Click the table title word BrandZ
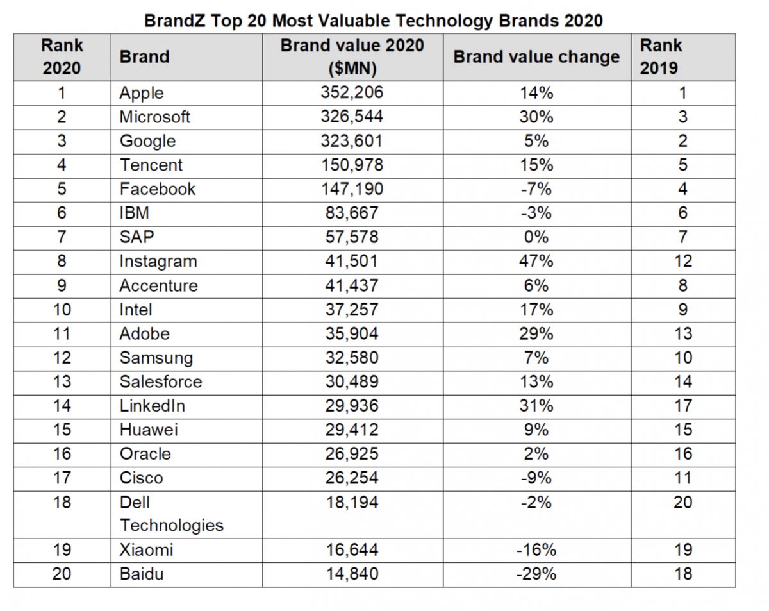(x=170, y=21)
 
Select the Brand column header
(x=144, y=56)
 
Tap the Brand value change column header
(x=536, y=56)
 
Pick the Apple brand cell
(x=142, y=93)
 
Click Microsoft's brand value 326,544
(x=352, y=117)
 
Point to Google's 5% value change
(x=536, y=141)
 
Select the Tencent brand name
(x=151, y=165)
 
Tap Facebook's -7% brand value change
(x=536, y=189)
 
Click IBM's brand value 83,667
(x=352, y=213)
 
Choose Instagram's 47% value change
(x=536, y=262)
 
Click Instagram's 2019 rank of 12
(x=683, y=262)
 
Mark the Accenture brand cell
(x=158, y=285)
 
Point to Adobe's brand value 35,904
(x=352, y=333)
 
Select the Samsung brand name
(x=156, y=358)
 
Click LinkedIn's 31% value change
(x=536, y=406)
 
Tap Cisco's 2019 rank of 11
(x=683, y=478)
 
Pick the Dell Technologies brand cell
(x=171, y=514)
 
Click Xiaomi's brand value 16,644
(x=352, y=550)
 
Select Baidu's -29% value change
(x=536, y=574)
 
